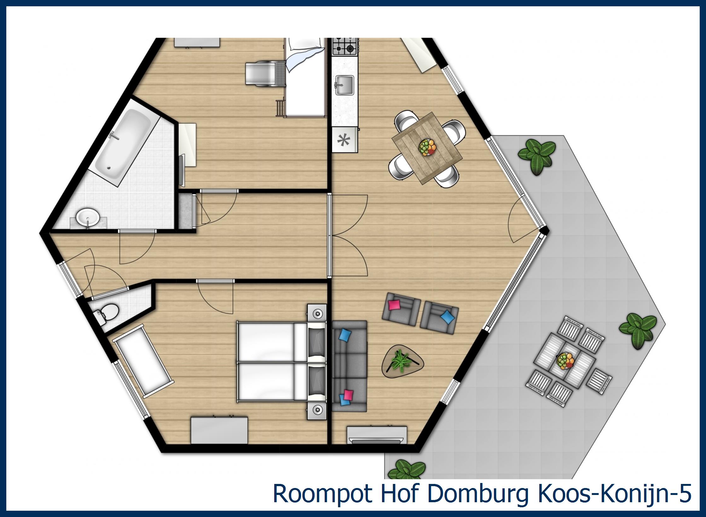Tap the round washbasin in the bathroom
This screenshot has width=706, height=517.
click(x=88, y=217)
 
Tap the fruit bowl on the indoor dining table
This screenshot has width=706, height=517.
click(x=427, y=147)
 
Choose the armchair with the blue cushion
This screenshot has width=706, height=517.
click(x=439, y=318)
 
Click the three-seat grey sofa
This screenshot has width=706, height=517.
click(x=349, y=366)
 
